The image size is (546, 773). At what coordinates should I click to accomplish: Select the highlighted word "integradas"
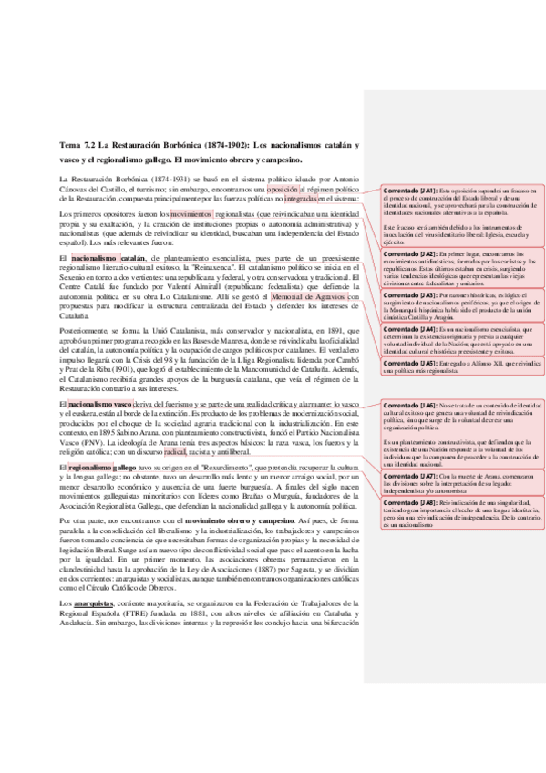(x=302, y=200)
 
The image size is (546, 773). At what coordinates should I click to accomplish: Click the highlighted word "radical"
(x=174, y=449)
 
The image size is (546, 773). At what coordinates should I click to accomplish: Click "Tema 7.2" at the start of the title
(x=75, y=144)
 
